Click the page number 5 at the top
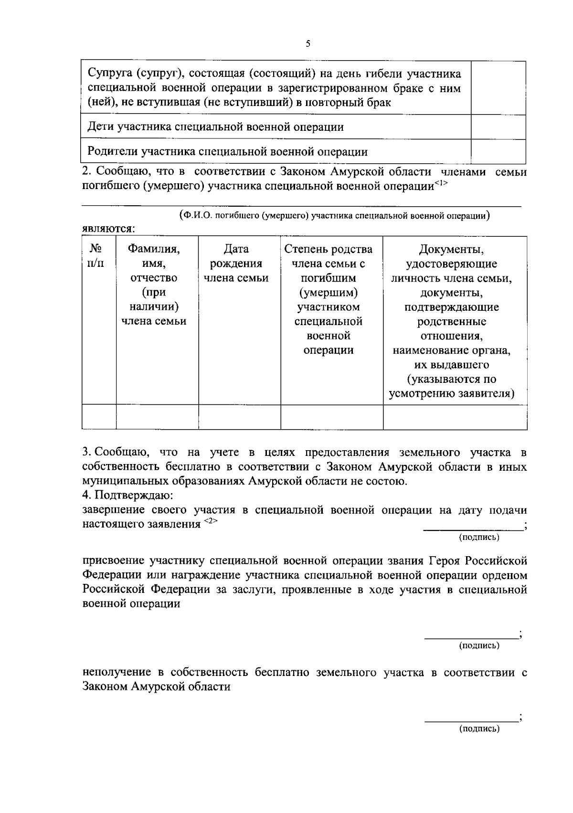308,44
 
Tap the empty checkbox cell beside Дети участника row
498,127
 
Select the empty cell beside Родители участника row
498,152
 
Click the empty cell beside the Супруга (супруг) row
498,88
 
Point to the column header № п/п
96,256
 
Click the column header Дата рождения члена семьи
236,264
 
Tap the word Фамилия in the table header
153,249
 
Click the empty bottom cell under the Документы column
455,417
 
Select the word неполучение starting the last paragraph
117,673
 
